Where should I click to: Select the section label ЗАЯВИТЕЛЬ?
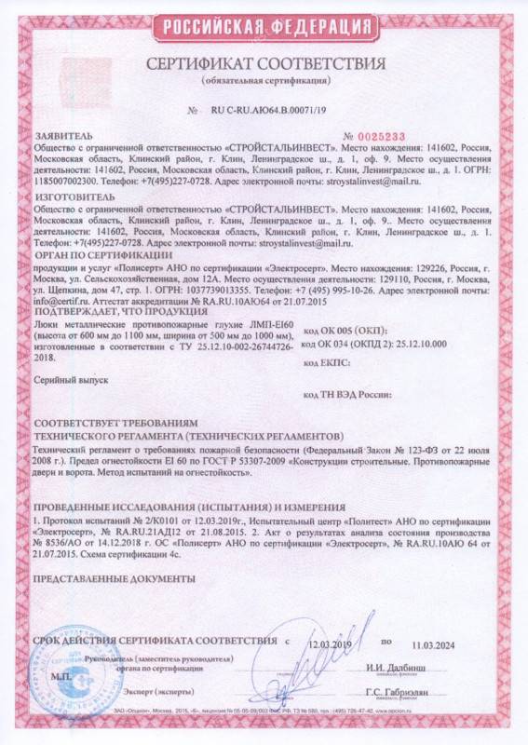[x=62, y=137]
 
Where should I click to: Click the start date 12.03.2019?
[x=333, y=643]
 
